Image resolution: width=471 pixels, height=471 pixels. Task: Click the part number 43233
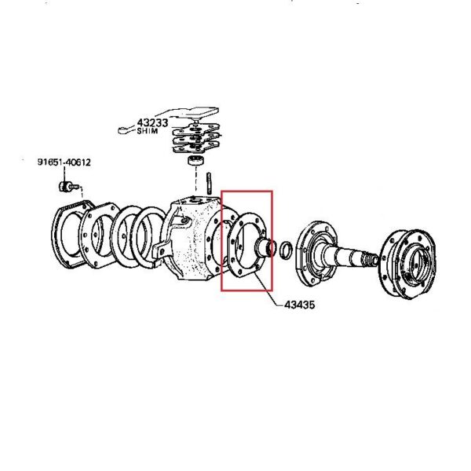(153, 122)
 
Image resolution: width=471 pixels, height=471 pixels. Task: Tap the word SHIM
(148, 132)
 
